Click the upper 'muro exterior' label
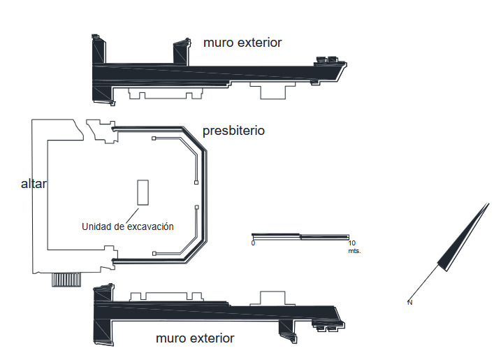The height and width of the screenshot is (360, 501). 242,43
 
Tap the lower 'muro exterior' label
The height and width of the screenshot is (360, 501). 195,338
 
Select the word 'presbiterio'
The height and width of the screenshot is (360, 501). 233,131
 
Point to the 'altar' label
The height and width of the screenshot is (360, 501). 34,184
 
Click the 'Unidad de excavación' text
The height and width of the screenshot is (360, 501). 128,226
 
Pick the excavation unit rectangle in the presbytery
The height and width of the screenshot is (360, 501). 143,192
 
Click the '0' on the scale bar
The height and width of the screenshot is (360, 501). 253,243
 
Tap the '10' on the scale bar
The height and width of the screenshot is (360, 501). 351,243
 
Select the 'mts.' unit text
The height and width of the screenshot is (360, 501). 354,251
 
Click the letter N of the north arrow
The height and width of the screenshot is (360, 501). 409,303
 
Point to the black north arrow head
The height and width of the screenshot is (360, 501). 463,237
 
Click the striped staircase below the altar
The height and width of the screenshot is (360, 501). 66,280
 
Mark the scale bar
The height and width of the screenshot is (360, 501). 300,236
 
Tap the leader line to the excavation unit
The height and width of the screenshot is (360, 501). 133,215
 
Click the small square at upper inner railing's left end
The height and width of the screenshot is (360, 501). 154,138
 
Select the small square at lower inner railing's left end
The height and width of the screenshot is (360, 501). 154,254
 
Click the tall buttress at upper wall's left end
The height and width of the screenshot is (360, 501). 99,49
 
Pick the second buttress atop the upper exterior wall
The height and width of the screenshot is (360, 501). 181,52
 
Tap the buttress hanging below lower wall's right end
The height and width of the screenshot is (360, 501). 288,331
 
